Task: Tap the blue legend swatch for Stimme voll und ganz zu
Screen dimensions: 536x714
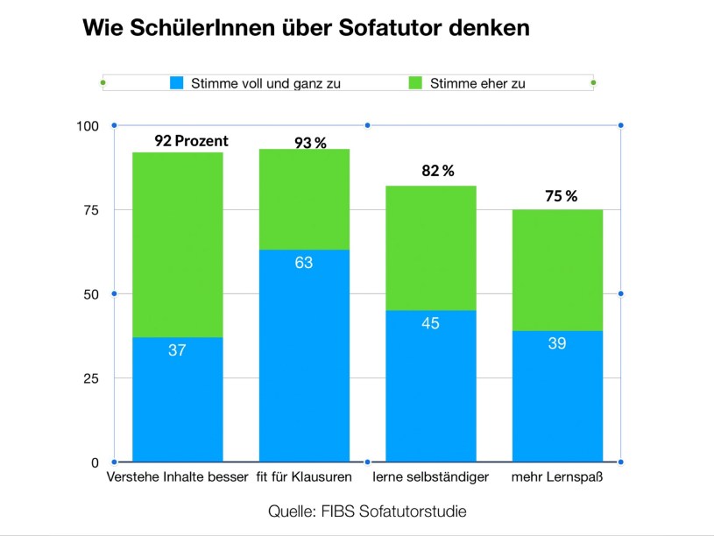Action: pyautogui.click(x=177, y=84)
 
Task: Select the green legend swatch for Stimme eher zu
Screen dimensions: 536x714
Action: pyautogui.click(x=415, y=84)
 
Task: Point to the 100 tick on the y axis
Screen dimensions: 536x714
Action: pyautogui.click(x=88, y=126)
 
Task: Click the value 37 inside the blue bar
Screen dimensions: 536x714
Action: pyautogui.click(x=177, y=350)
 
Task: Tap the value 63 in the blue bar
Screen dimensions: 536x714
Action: pyautogui.click(x=304, y=262)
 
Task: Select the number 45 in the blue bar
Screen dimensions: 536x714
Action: pyautogui.click(x=430, y=323)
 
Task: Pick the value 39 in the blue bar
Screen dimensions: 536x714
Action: pyautogui.click(x=557, y=343)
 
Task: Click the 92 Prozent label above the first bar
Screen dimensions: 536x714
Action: pyautogui.click(x=191, y=140)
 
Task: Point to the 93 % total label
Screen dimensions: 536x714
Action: pyautogui.click(x=310, y=143)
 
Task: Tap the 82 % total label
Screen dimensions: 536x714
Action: pyautogui.click(x=438, y=171)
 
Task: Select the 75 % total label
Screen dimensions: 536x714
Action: pyautogui.click(x=562, y=196)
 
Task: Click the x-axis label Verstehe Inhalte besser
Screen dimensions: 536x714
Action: pyautogui.click(x=177, y=478)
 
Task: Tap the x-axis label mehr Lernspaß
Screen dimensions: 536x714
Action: pyautogui.click(x=557, y=478)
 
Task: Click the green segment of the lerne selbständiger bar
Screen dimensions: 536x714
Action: pyautogui.click(x=430, y=248)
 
